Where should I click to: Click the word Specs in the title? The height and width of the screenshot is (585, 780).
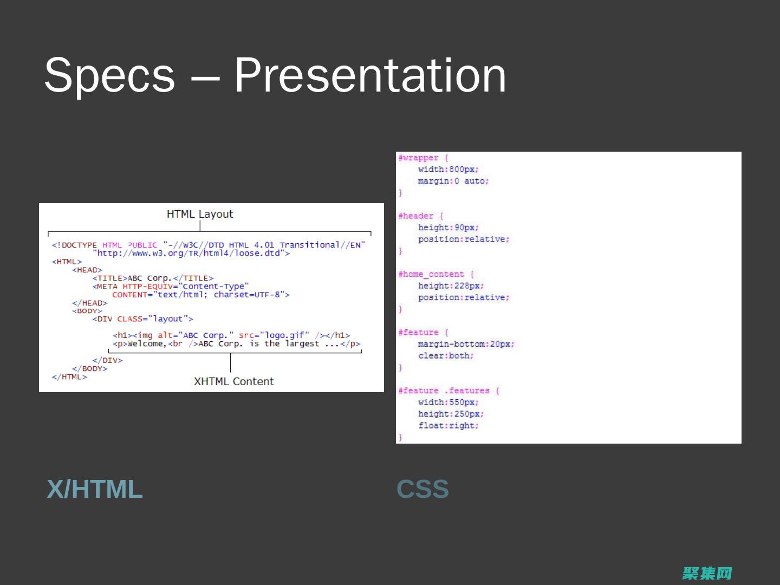(x=110, y=76)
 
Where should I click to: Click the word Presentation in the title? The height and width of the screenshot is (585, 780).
(x=370, y=76)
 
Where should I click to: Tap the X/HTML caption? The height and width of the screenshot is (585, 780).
(x=95, y=489)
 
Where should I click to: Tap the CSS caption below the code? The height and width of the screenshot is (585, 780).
(x=422, y=489)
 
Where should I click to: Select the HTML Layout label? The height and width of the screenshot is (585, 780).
(x=200, y=214)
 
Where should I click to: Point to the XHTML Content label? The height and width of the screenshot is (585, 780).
(x=234, y=381)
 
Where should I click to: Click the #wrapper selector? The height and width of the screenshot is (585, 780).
(x=418, y=158)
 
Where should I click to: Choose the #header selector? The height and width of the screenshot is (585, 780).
(x=416, y=216)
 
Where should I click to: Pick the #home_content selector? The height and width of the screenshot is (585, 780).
(x=431, y=274)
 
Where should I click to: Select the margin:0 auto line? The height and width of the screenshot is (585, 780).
(x=453, y=181)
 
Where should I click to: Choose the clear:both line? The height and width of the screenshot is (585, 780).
(x=446, y=356)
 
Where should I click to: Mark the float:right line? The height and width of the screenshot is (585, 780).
(x=448, y=426)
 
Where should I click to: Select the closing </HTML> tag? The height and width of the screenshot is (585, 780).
(x=69, y=377)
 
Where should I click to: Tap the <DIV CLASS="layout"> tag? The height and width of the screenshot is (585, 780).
(x=143, y=319)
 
